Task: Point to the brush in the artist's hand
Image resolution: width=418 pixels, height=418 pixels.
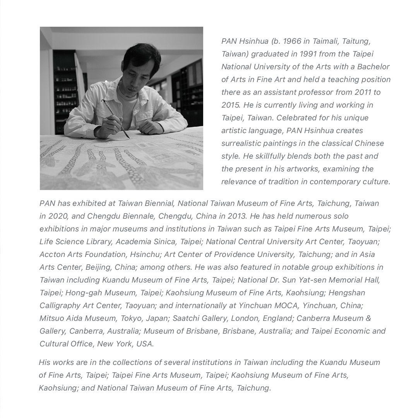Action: click(x=115, y=118)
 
